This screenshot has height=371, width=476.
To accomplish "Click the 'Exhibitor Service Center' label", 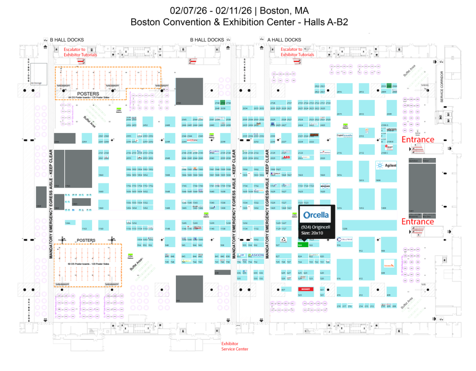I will pos(234,346).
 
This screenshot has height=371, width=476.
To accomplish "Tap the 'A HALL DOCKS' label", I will pos(284,40).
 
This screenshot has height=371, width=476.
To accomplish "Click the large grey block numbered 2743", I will pos(189,91).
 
